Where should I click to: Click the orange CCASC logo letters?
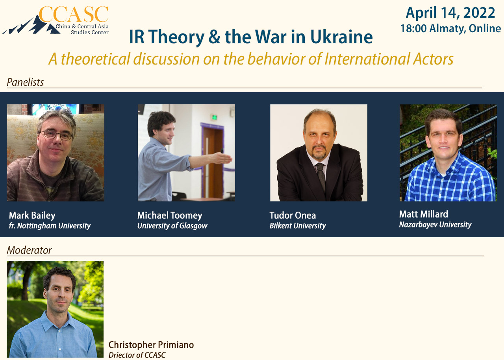(x=74, y=15)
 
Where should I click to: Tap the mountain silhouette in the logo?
(x=31, y=25)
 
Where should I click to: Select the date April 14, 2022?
(x=450, y=13)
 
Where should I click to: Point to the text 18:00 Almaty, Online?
(x=450, y=29)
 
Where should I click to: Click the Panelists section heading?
(x=25, y=82)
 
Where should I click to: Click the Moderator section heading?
(x=29, y=250)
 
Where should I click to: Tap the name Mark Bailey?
(x=32, y=216)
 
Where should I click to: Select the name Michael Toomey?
(x=170, y=216)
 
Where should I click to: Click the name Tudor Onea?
(x=293, y=216)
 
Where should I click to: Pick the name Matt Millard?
(x=423, y=214)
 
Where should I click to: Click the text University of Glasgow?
(x=172, y=226)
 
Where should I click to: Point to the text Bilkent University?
(x=297, y=226)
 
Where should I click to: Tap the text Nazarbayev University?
(x=435, y=225)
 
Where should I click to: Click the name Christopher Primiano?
(x=151, y=345)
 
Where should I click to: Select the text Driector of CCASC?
(x=137, y=355)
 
